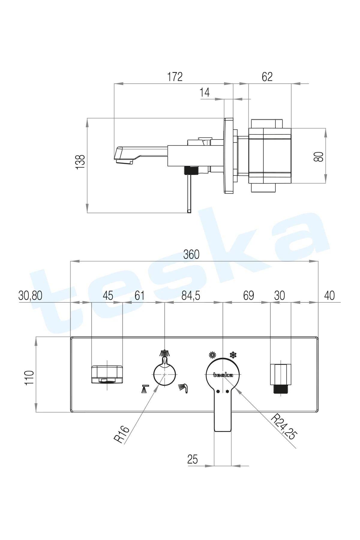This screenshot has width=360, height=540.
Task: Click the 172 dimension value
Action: click(175, 77)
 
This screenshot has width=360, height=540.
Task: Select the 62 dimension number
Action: click(267, 77)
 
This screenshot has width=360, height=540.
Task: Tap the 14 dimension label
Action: click(205, 92)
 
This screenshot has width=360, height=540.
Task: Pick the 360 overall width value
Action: click(191, 254)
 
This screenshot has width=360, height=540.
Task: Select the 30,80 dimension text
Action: click(30, 295)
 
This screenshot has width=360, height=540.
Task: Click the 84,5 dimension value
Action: click(191, 295)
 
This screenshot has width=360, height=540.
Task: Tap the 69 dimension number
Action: click(248, 295)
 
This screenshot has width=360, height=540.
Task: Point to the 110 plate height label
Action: click(29, 378)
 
